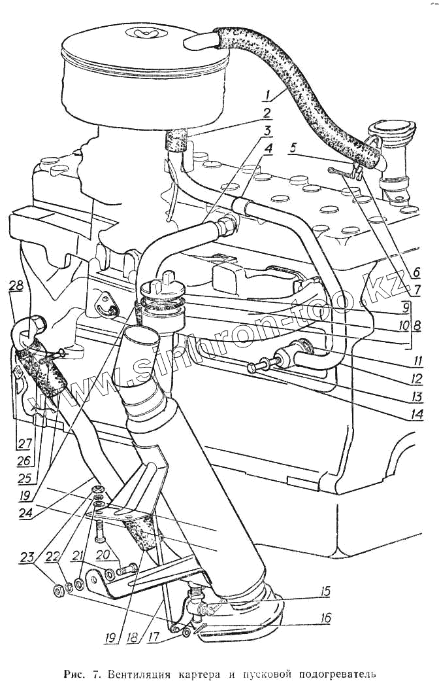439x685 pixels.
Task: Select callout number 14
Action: tap(416, 413)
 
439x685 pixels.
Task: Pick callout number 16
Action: tap(325, 618)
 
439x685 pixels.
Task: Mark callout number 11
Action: tap(416, 360)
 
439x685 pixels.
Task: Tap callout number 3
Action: tap(267, 130)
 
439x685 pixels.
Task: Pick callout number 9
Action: tap(405, 306)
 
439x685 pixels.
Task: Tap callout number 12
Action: tap(416, 378)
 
